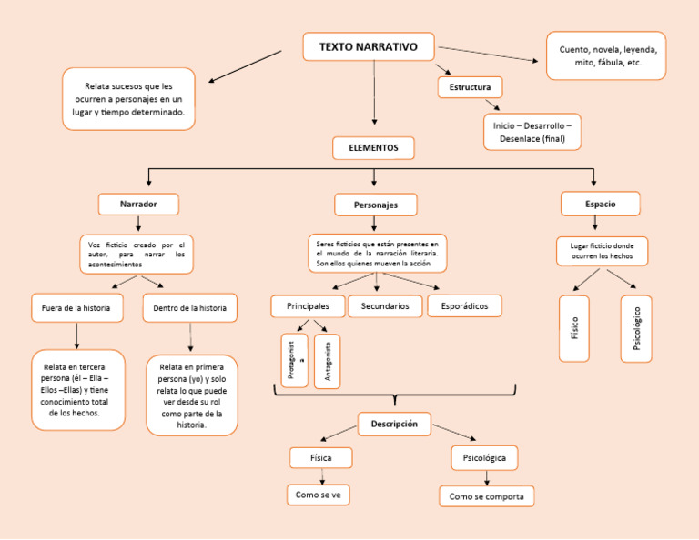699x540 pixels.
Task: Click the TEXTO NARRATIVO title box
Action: click(x=369, y=47)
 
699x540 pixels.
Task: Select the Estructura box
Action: click(x=470, y=88)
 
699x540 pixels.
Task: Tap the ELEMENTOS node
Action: click(x=373, y=147)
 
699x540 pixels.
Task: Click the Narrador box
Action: click(x=138, y=205)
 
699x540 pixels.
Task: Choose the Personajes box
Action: click(x=376, y=205)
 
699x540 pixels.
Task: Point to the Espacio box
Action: click(x=600, y=205)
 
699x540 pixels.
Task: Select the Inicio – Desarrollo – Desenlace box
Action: click(x=532, y=132)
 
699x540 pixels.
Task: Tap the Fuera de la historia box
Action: click(x=76, y=308)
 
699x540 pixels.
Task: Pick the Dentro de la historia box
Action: click(x=190, y=308)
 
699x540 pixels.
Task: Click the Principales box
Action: click(x=308, y=306)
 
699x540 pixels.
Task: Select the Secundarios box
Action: click(x=385, y=306)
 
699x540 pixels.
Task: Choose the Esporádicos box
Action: click(x=464, y=306)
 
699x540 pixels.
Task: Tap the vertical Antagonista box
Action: click(x=327, y=361)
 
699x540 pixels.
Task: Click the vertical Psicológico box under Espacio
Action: click(x=636, y=328)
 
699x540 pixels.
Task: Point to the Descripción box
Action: click(x=394, y=424)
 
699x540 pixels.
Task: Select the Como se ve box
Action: click(x=319, y=495)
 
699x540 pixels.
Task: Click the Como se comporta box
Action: click(x=486, y=496)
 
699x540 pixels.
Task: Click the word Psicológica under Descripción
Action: click(x=484, y=458)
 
